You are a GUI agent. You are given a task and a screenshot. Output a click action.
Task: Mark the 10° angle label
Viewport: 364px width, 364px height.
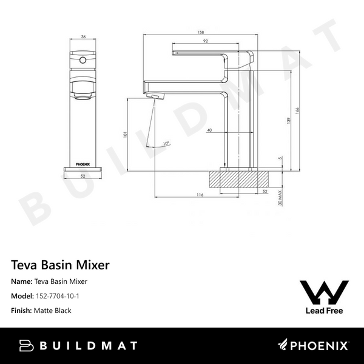click(x=166, y=144)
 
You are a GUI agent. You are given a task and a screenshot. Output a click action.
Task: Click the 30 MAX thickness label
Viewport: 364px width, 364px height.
click(x=280, y=198)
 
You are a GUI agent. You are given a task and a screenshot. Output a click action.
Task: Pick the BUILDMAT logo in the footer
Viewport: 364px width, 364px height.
click(x=78, y=346)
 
